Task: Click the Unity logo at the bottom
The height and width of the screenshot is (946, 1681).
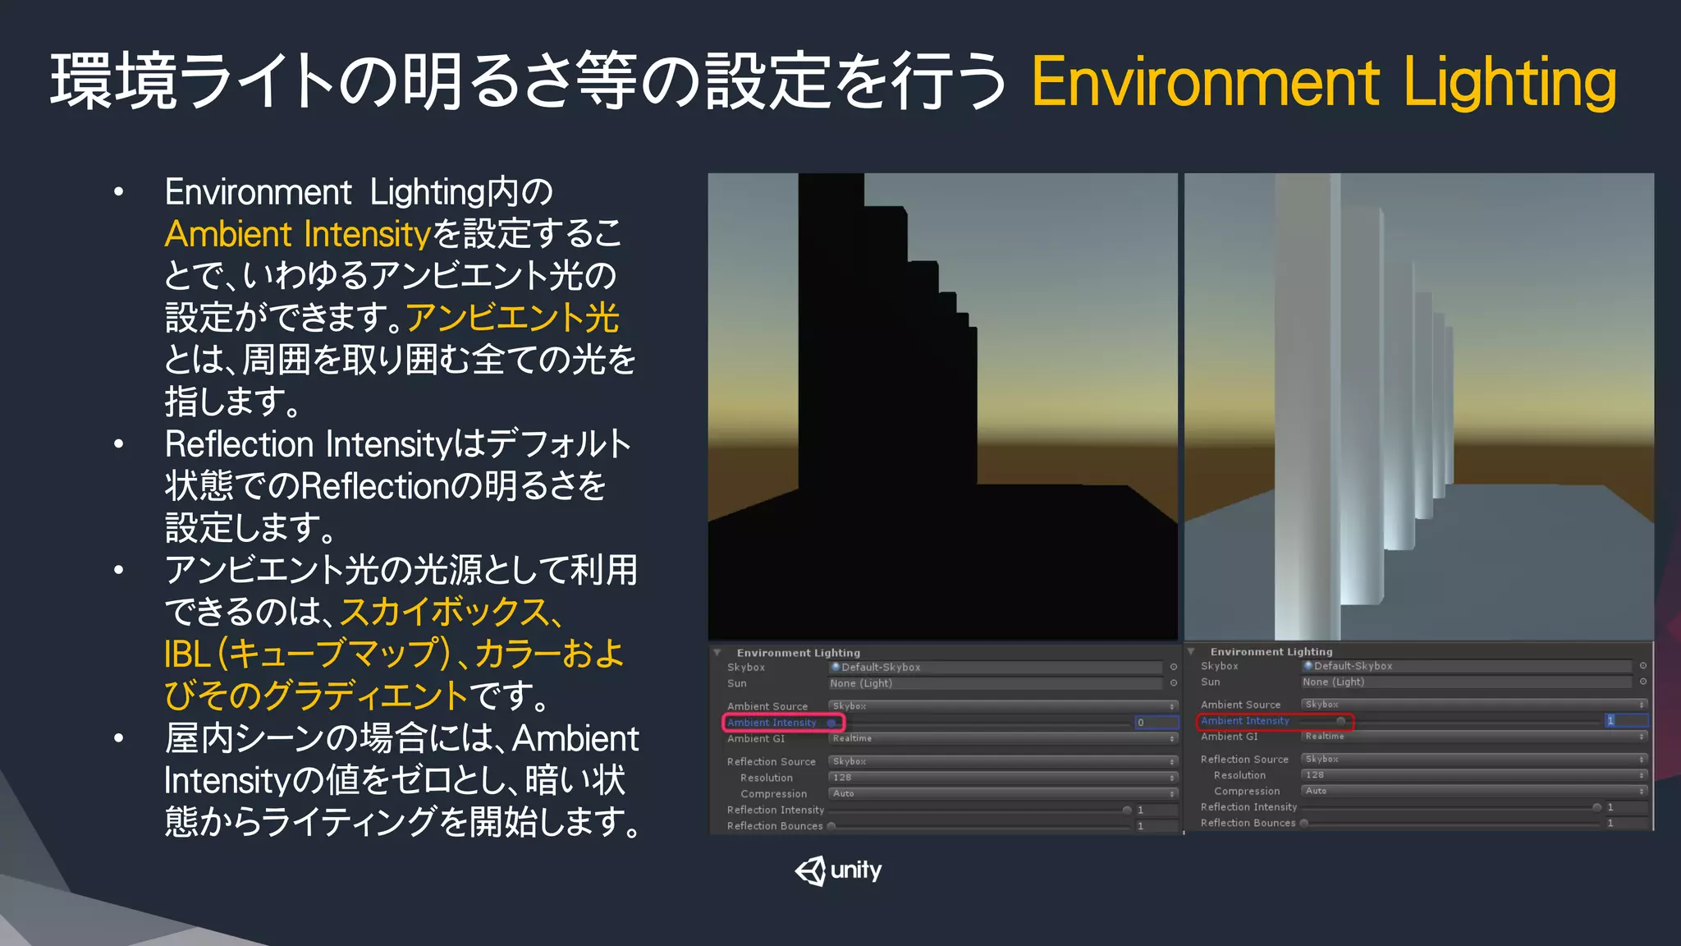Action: coord(838,870)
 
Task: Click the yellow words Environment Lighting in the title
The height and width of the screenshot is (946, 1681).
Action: coord(1323,82)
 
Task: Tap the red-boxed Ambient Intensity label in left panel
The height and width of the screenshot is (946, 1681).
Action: coord(772,723)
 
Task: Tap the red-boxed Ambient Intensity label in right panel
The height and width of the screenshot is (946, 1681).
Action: coord(1244,721)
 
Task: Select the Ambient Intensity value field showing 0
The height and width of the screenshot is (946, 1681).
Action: coord(1156,723)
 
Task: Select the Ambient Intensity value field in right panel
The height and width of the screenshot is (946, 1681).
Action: coord(1625,721)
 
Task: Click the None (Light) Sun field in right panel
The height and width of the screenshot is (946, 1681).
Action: coord(1466,682)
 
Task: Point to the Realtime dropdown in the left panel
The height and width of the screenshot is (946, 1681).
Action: coord(1001,739)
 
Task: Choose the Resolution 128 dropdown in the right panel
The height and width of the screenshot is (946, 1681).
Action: coord(1473,775)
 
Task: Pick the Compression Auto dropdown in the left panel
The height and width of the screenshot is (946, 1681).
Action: coord(1001,794)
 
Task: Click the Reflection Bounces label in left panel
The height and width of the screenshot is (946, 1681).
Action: coord(774,826)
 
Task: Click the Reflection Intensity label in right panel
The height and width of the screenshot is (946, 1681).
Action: coord(1248,807)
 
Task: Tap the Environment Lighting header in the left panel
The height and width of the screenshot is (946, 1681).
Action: coord(798,653)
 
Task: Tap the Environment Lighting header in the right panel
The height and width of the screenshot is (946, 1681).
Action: coord(1271,652)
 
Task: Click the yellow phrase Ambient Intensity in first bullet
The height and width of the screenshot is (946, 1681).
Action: coord(297,235)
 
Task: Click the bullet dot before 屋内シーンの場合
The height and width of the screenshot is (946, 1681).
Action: coord(119,738)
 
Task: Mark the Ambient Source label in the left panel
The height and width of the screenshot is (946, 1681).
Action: coord(767,706)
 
